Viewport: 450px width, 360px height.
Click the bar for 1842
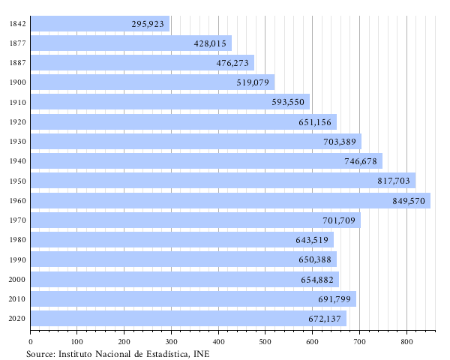click(100, 24)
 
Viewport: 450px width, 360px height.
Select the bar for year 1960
click(230, 201)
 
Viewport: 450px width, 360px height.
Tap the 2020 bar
click(188, 319)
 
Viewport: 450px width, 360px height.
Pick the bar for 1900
click(152, 82)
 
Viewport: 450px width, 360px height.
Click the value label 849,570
click(409, 201)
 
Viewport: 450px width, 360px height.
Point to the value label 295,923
click(148, 24)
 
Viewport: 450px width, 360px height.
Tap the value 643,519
click(312, 240)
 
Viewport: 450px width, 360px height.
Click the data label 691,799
click(335, 299)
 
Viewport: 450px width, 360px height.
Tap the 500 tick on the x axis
click(265, 342)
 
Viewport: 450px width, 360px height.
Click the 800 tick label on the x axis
click(406, 342)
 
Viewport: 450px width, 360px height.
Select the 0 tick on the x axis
click(30, 342)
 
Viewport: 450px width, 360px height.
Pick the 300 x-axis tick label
click(171, 342)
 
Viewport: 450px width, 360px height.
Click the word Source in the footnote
click(40, 353)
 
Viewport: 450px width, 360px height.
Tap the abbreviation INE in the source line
click(200, 353)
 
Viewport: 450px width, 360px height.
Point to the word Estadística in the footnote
click(163, 353)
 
